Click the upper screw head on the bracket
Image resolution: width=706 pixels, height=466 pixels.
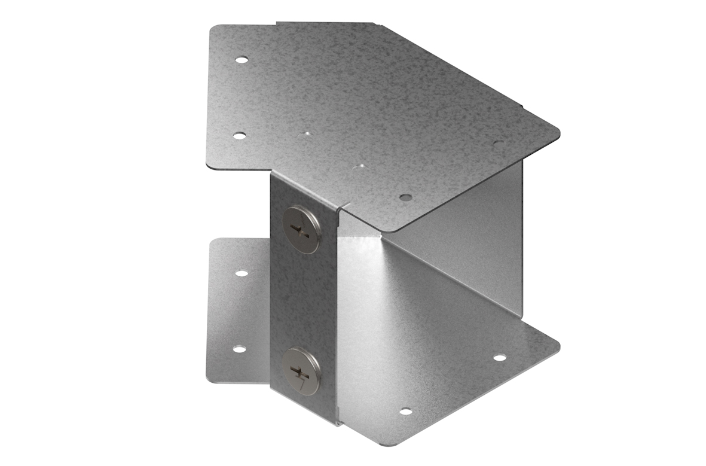pyautogui.click(x=301, y=230)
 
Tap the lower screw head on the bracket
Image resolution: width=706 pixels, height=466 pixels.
pyautogui.click(x=301, y=371)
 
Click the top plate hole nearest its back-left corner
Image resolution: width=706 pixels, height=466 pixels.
pyautogui.click(x=242, y=60)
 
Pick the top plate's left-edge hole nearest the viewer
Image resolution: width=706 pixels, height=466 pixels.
pyautogui.click(x=239, y=136)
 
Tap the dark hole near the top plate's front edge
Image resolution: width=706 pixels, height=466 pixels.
pyautogui.click(x=405, y=197)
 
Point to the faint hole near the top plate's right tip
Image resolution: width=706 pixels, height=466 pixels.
pyautogui.click(x=497, y=144)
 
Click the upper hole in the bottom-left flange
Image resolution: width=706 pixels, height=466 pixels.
pyautogui.click(x=242, y=273)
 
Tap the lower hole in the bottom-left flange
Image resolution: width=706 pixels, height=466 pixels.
pyautogui.click(x=239, y=348)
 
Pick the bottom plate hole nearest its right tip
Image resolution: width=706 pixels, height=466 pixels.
pyautogui.click(x=500, y=358)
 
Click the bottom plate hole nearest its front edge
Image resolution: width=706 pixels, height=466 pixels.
pyautogui.click(x=405, y=412)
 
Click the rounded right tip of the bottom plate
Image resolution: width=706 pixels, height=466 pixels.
pyautogui.click(x=556, y=345)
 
